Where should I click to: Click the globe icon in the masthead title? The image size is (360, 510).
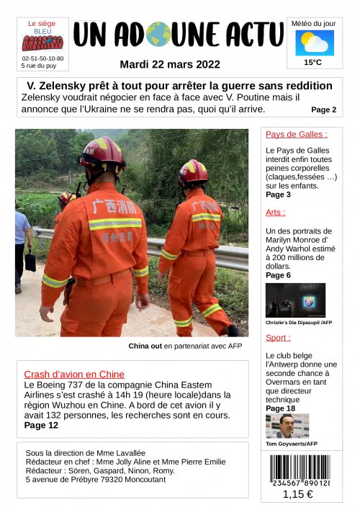(158, 35)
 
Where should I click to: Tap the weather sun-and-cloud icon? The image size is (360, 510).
(314, 42)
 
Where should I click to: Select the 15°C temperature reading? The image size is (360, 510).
(313, 63)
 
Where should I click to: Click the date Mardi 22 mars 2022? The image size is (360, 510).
(170, 64)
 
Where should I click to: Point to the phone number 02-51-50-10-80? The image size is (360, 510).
(42, 58)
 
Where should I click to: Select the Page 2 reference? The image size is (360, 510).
(323, 110)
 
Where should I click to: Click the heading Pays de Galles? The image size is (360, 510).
(296, 134)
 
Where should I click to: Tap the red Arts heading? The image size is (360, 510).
(275, 212)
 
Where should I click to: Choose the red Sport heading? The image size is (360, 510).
(278, 337)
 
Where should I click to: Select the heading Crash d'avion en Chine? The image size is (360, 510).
(74, 374)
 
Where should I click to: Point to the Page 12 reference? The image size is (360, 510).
(41, 425)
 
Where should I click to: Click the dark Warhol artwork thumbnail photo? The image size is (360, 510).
(295, 300)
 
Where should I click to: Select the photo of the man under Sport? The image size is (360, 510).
(287, 426)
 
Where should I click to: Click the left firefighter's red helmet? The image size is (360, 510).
(102, 152)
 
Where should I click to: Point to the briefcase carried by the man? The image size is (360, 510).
(30, 261)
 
